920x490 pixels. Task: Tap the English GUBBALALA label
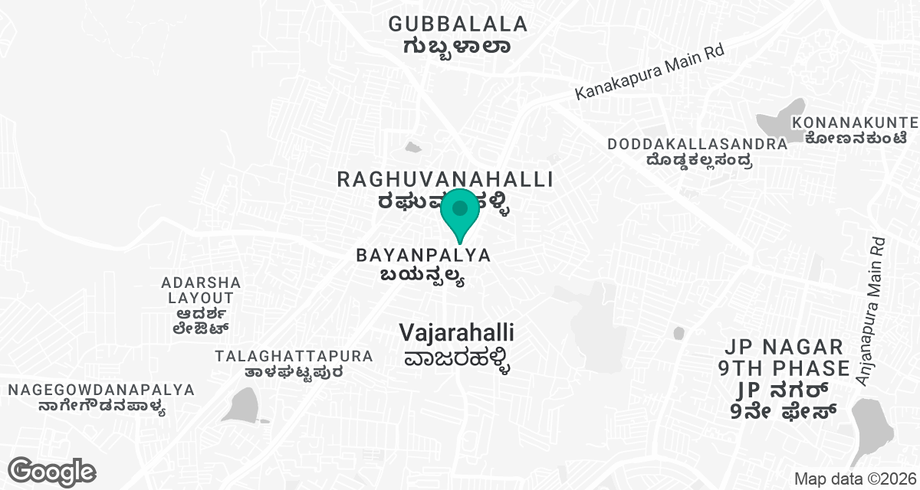[x=458, y=24]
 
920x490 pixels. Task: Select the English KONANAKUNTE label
[x=855, y=122]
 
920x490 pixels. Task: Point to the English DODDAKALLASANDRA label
[x=697, y=144]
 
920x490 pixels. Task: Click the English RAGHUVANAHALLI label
[x=445, y=180]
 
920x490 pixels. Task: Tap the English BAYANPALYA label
[x=423, y=255]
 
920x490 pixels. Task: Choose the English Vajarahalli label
[x=456, y=333]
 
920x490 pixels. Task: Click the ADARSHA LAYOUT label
[x=201, y=290]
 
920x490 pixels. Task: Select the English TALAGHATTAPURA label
[x=294, y=356]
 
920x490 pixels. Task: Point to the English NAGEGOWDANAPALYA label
[x=101, y=390]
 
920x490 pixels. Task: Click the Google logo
[x=51, y=471]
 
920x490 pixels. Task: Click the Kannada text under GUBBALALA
[x=458, y=46]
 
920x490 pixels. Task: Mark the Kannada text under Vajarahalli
[x=456, y=359]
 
